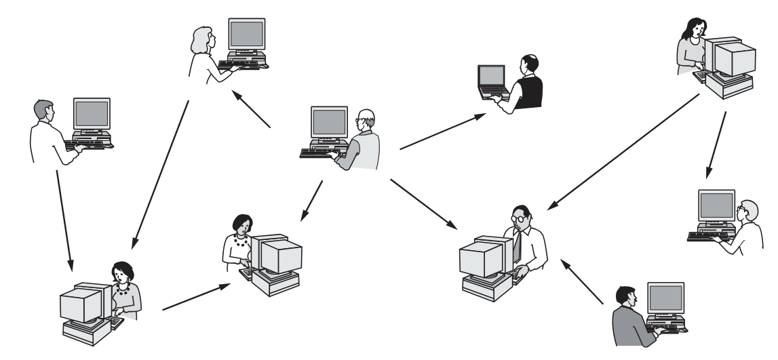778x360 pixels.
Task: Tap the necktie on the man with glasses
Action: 518,244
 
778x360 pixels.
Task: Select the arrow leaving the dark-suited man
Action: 584,284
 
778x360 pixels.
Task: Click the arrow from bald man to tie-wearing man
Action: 423,203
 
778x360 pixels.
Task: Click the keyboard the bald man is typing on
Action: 319,153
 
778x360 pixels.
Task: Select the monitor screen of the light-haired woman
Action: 246,31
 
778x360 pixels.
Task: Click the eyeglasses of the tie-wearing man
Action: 519,218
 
